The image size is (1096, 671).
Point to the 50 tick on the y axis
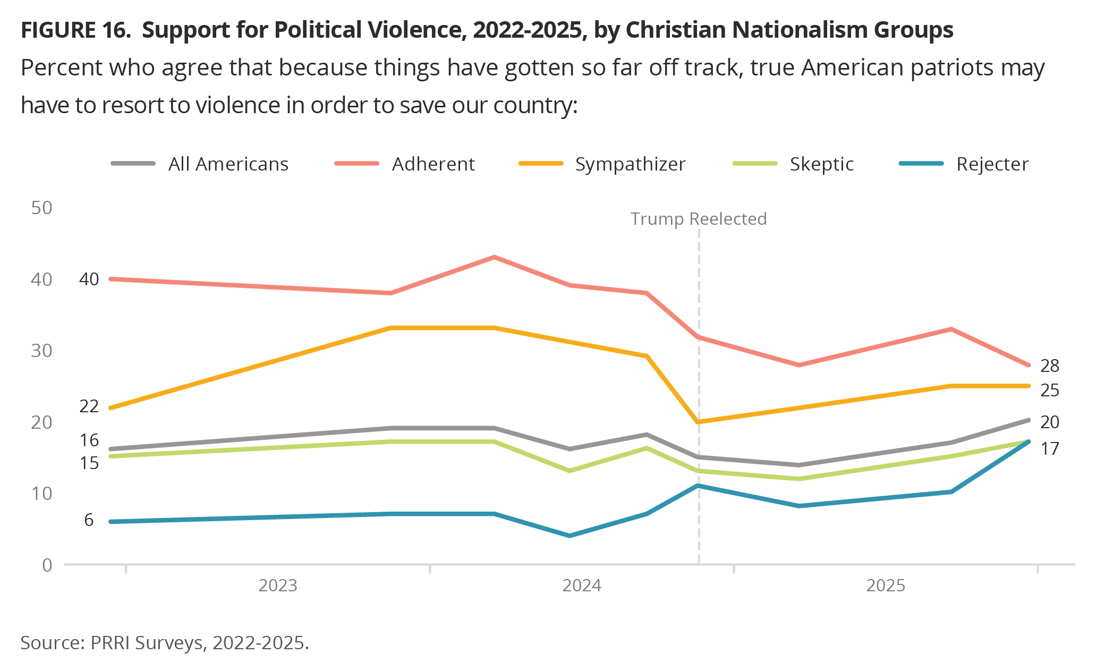[x=42, y=208]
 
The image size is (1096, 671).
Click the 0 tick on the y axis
[x=47, y=565]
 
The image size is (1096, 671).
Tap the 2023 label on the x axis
[x=278, y=585]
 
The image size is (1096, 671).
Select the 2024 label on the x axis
[x=582, y=585]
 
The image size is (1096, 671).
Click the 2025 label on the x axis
[x=886, y=585]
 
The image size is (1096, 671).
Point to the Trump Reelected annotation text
[x=698, y=219]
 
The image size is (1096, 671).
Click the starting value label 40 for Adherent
[x=89, y=279]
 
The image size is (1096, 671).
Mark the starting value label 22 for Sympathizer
[x=89, y=406]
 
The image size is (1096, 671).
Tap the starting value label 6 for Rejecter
[x=89, y=520]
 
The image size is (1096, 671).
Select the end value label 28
[x=1050, y=366]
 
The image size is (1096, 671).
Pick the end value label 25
[x=1050, y=390]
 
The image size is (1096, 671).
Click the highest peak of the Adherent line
[x=494, y=258]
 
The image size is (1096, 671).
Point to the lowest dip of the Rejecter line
[x=570, y=536]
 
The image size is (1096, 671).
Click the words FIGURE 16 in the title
[x=75, y=30]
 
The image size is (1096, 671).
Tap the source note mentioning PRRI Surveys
[x=165, y=643]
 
